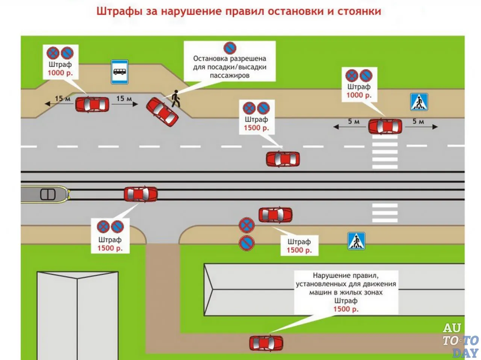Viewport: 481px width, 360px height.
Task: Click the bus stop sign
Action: [119, 72]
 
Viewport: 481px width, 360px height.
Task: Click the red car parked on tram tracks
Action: [141, 194]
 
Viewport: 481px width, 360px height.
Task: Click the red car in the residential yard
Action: [266, 343]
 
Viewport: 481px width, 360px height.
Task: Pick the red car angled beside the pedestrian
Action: [162, 112]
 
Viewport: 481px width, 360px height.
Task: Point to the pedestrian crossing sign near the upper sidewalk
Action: [419, 102]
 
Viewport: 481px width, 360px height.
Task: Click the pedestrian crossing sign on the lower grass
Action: [356, 241]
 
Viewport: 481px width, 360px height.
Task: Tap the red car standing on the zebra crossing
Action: [385, 126]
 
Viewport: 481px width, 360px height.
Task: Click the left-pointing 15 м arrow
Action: [59, 104]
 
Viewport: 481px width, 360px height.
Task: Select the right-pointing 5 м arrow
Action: [421, 127]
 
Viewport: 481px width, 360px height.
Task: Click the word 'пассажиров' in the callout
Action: [230, 76]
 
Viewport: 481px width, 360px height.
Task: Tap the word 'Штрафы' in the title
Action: [119, 11]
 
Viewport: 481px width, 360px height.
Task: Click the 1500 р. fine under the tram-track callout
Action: [110, 248]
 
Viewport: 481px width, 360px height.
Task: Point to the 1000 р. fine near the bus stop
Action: [60, 73]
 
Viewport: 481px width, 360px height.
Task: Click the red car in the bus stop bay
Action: [92, 104]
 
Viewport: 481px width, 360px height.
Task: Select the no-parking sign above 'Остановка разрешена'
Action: [230, 48]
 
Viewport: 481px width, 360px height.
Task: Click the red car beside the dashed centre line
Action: [283, 159]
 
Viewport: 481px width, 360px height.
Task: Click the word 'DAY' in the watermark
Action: [465, 353]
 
